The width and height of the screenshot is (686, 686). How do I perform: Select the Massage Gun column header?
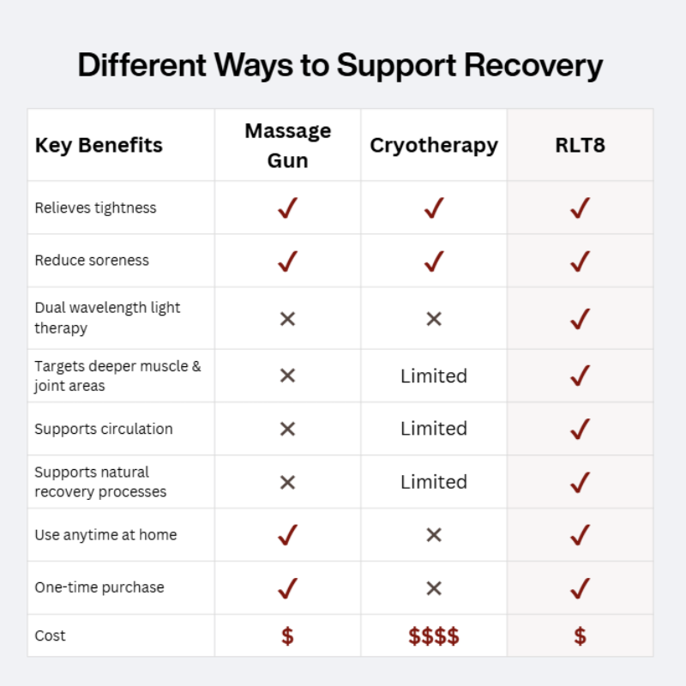[287, 145]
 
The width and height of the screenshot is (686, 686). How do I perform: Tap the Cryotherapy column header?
[433, 145]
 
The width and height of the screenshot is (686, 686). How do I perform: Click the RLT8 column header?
[580, 145]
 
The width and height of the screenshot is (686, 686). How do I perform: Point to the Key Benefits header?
[99, 145]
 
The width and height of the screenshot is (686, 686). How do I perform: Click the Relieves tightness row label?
[95, 208]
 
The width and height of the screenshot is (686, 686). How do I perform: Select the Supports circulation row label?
[103, 429]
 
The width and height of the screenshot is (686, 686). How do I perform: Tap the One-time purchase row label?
[99, 587]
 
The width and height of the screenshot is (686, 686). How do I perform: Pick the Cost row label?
[50, 635]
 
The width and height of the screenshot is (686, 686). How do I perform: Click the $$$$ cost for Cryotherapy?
[433, 636]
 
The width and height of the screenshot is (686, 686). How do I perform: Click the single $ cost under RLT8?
[580, 636]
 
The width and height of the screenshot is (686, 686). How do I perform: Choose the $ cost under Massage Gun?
[287, 636]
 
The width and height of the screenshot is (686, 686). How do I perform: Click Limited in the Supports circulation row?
[433, 429]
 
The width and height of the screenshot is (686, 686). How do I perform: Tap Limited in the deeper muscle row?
[433, 376]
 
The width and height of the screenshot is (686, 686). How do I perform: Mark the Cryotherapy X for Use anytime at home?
[433, 535]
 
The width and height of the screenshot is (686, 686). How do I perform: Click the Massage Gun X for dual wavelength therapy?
[287, 319]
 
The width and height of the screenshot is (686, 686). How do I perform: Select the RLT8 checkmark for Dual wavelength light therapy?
[580, 319]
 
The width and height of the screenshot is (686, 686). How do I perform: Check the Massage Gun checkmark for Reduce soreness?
[287, 261]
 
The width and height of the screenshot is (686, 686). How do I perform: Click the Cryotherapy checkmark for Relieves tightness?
[433, 208]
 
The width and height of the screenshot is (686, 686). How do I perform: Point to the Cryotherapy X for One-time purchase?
[433, 588]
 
